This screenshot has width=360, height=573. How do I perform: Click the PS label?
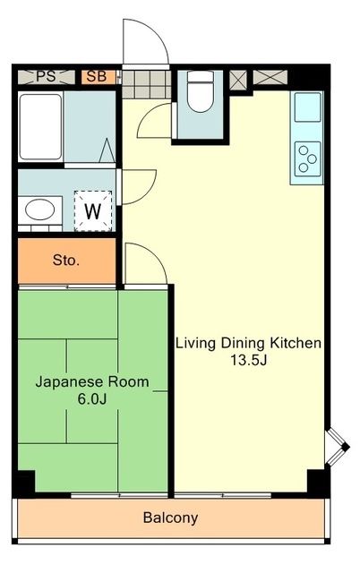coord(45,76)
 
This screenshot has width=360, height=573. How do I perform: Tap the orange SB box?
coord(97,76)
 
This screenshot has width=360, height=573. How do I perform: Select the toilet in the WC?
coord(201,93)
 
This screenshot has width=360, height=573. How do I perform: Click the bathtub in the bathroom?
coord(40,127)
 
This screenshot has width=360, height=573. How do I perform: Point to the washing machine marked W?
coord(92,211)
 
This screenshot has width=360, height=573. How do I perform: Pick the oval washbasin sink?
coord(39,211)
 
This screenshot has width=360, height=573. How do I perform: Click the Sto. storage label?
coord(66,261)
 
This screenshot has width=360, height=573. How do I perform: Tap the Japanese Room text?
coord(91,381)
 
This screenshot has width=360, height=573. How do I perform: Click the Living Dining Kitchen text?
coord(248,344)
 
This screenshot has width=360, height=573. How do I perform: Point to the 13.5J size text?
coord(248,361)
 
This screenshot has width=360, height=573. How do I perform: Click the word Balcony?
coord(170,517)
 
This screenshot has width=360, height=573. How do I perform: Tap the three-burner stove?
coord(307,158)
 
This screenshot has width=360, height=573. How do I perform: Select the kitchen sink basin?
coord(307,109)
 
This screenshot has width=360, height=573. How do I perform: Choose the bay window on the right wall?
coord(337,445)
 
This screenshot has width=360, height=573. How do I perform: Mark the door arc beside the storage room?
coord(144,263)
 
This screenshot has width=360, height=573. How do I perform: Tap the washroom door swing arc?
coord(134,186)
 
